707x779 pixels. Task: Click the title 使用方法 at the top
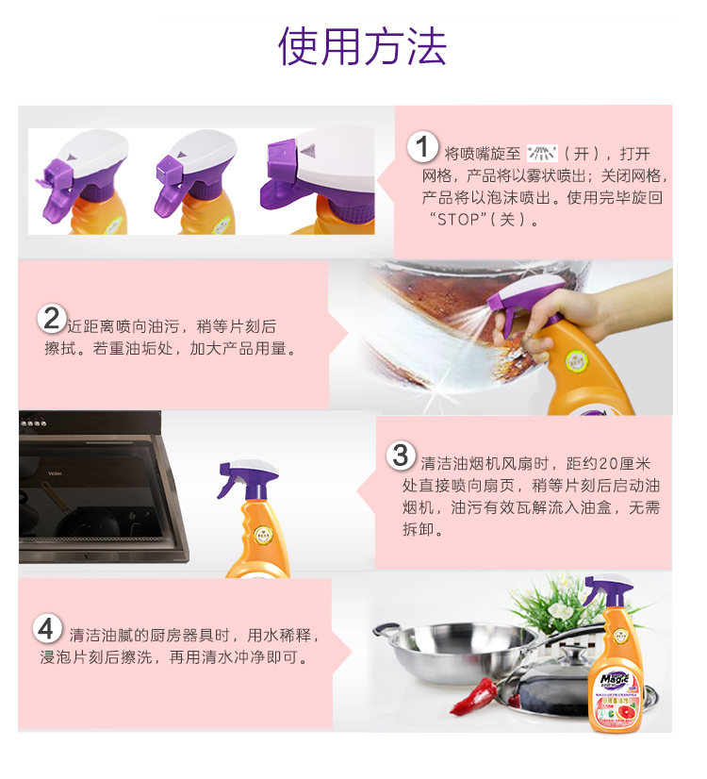[x=362, y=46]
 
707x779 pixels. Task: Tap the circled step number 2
[x=52, y=318]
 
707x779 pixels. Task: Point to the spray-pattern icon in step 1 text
[x=543, y=153]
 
